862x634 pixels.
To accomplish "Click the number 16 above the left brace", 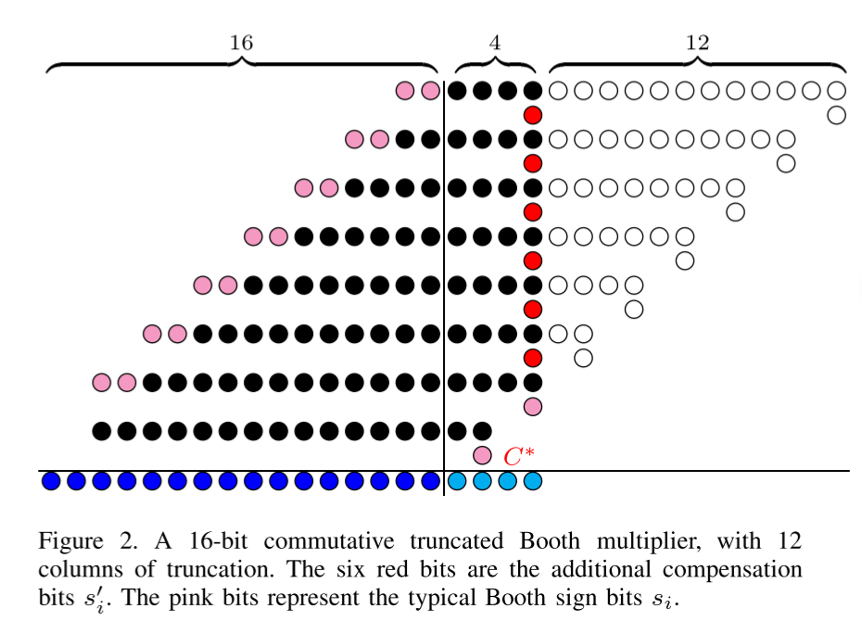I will [241, 43].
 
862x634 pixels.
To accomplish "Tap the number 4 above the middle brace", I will [495, 43].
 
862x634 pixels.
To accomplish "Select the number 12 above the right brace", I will [697, 43].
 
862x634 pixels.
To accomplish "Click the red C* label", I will [516, 456].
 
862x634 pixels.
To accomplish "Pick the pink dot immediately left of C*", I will [481, 455].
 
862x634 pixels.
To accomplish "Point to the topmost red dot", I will [532, 115].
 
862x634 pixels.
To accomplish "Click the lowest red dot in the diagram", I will [532, 358].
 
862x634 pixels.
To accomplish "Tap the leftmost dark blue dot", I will [52, 481].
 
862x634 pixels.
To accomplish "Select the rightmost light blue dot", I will [532, 481].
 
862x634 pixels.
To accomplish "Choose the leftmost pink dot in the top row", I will [405, 91].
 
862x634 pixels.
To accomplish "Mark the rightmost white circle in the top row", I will [836, 91].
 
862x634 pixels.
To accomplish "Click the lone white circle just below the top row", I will [836, 115].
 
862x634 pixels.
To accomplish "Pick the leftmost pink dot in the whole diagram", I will [102, 382].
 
